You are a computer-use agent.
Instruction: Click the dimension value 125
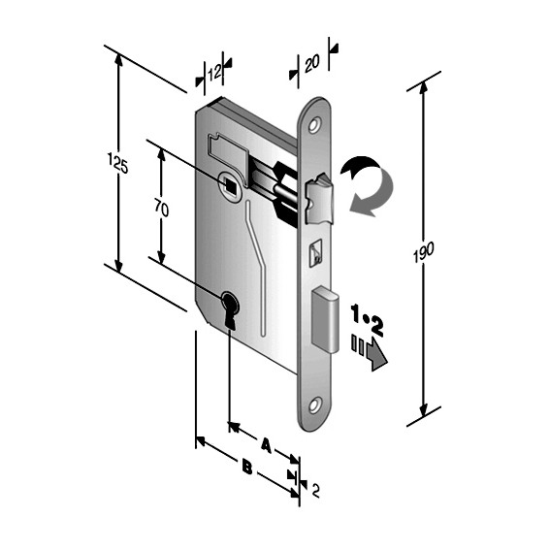[x=119, y=166]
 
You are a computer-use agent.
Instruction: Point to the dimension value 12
[x=214, y=71]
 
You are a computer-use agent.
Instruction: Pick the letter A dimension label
[x=265, y=445]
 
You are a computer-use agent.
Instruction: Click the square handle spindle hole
[x=229, y=182]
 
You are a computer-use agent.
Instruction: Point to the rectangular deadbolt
[x=324, y=321]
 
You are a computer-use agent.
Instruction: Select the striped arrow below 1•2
[x=370, y=351]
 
